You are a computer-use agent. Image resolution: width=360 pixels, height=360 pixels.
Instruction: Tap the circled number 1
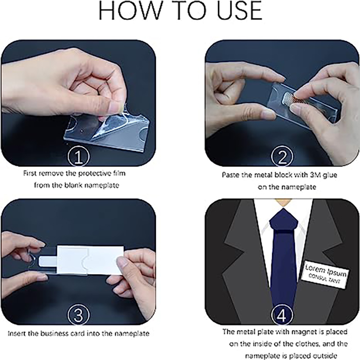[x=78, y=157]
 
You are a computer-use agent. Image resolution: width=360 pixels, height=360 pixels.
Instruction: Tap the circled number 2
[x=282, y=157]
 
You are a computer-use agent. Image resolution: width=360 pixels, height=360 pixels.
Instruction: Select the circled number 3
[x=78, y=315]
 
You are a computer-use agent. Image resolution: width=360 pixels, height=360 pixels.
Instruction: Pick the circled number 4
[x=282, y=315]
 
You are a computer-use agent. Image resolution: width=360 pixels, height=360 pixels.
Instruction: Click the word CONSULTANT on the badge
[x=324, y=279]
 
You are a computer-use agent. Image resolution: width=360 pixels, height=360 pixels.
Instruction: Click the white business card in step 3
[x=90, y=261]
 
